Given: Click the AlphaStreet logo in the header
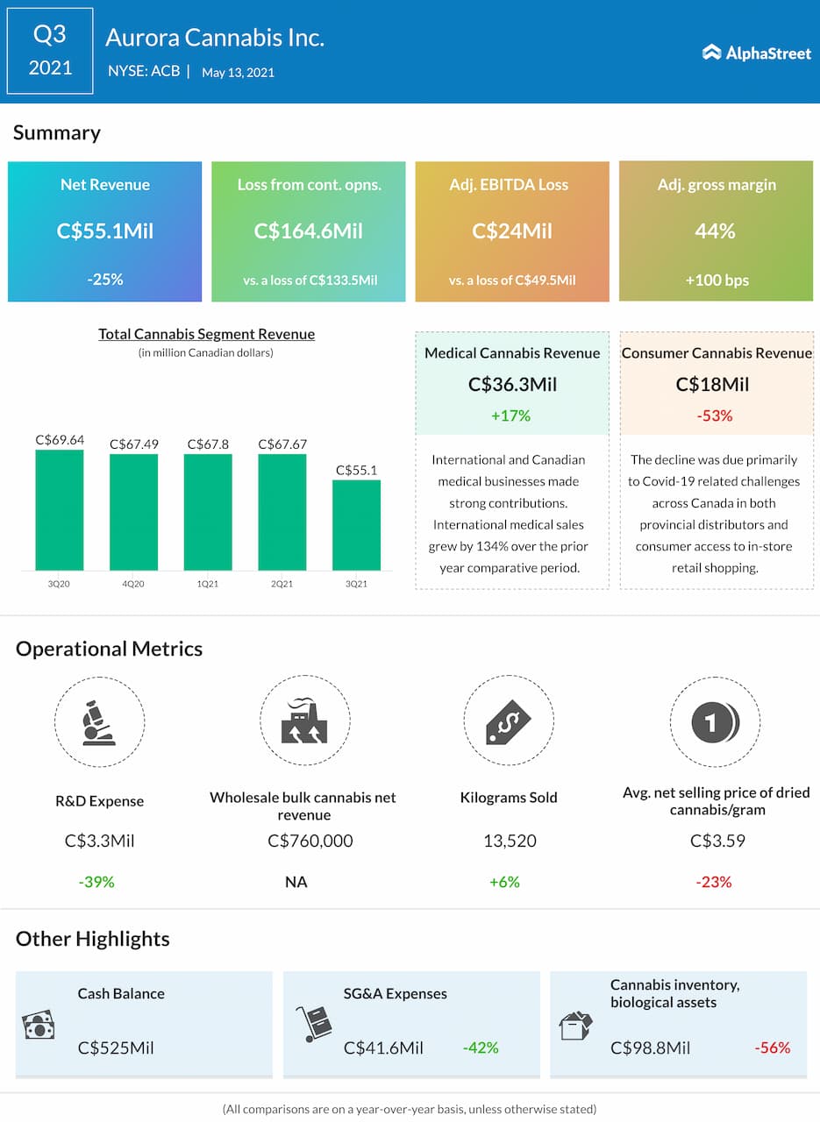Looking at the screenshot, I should (756, 53).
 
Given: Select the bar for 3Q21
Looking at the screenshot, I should (356, 525).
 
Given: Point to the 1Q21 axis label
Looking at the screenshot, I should (208, 584).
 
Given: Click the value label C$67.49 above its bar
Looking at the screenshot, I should (134, 444).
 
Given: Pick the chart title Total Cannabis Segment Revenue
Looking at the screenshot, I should (206, 334).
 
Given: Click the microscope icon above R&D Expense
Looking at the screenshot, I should (99, 722).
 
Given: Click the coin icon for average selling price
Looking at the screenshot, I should (715, 722).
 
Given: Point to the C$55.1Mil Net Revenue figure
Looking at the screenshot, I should (104, 231).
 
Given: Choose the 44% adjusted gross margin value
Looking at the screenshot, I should (716, 231).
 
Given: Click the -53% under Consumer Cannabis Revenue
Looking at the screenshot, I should (716, 415).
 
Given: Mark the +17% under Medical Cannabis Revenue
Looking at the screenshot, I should (512, 415).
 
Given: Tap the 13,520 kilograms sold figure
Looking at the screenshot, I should (510, 841).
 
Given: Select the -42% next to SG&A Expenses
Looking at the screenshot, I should (481, 1047).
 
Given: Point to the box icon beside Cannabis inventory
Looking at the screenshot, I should (575, 1026).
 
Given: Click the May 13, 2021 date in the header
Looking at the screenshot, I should (238, 73).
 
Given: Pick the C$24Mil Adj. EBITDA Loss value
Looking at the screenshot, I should (512, 231).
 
